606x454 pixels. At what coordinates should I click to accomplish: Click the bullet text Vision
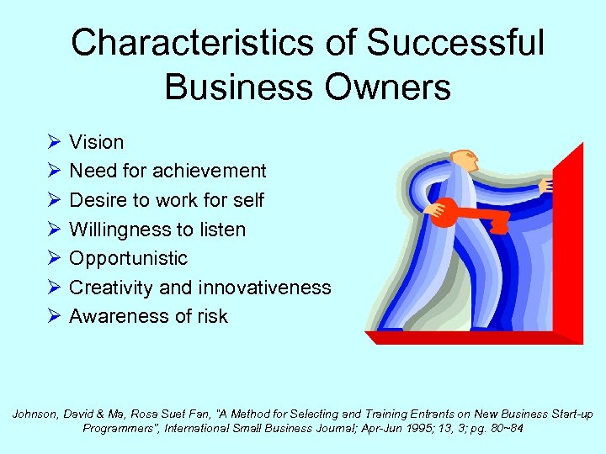pos(96,142)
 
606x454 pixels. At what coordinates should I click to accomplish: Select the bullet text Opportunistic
pos(128,258)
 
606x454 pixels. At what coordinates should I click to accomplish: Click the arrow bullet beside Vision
pos(53,142)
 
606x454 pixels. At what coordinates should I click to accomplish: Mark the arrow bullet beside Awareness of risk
pos(53,316)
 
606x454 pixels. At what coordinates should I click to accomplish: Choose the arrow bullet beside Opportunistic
pos(53,258)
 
